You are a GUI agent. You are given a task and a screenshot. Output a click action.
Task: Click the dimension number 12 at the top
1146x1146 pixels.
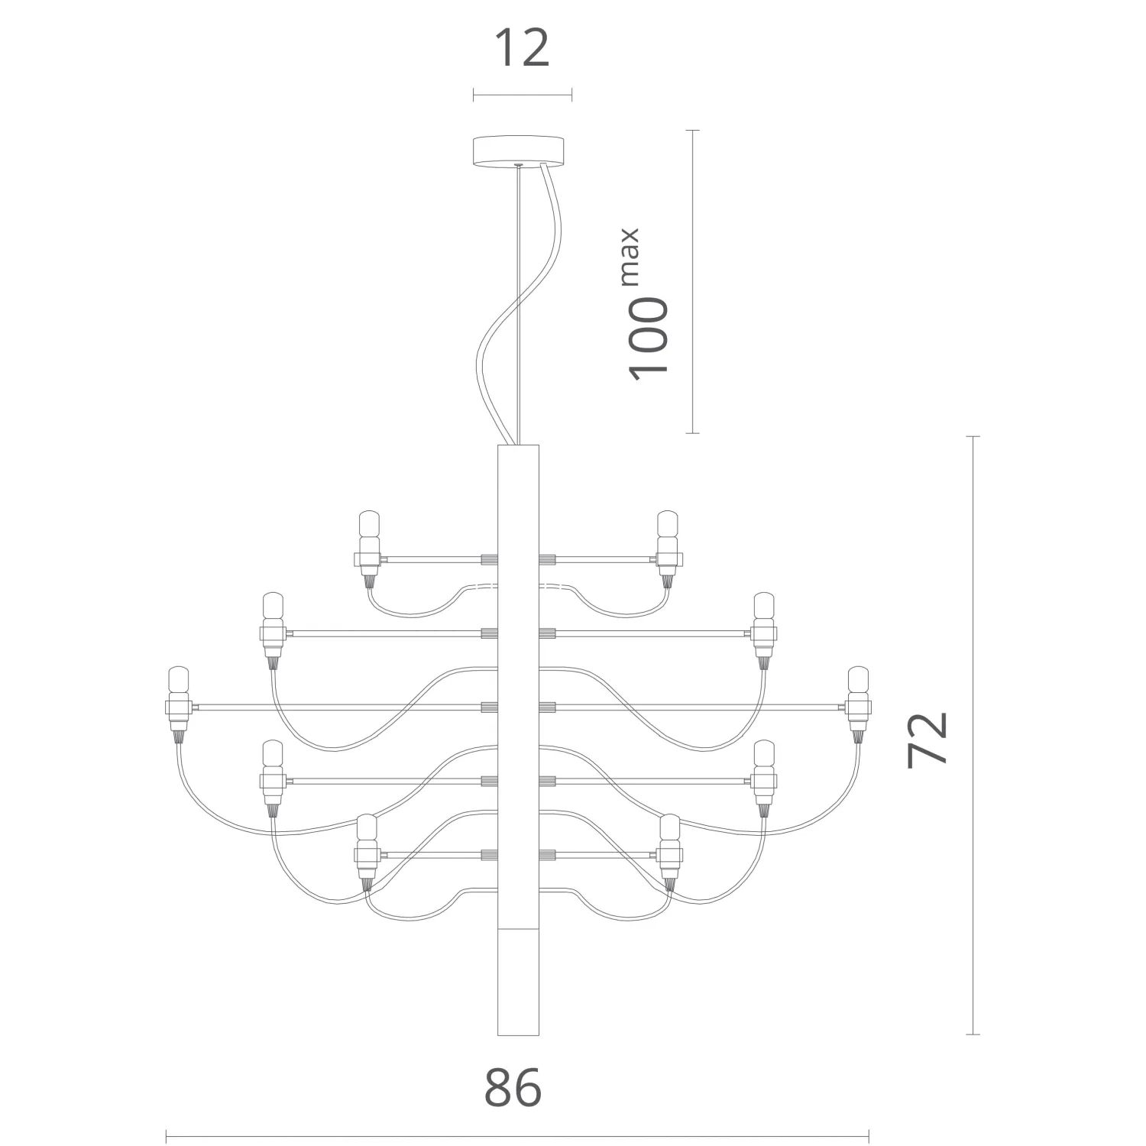click(x=523, y=48)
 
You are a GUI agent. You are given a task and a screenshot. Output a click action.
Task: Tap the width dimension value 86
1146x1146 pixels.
click(x=513, y=1087)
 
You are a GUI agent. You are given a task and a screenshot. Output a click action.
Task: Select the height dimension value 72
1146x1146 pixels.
click(x=928, y=738)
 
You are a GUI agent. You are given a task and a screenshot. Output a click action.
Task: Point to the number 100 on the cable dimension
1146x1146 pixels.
click(x=648, y=336)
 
